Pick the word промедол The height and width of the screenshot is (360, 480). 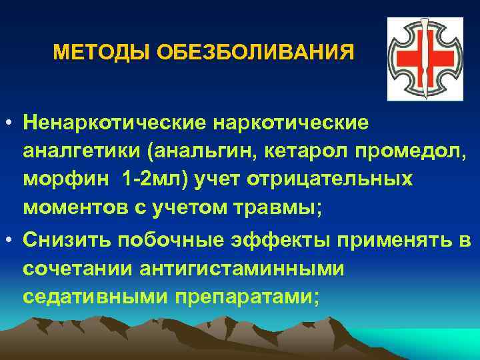401,152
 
